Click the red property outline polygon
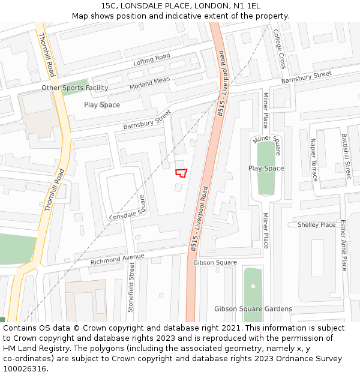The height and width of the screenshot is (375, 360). point(181,173)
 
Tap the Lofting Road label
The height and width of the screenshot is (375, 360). point(152,60)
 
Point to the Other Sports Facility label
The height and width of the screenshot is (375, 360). point(75,88)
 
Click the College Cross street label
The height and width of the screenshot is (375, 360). point(280,49)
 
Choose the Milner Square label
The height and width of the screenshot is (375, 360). point(266,145)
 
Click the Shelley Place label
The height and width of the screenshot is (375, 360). point(317,225)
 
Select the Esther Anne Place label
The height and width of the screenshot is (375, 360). point(343,245)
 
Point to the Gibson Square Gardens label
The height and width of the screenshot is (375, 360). point(253,309)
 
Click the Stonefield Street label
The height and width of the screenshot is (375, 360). point(131,287)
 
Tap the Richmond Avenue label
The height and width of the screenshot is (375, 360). point(118,260)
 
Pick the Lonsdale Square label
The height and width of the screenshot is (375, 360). point(127,208)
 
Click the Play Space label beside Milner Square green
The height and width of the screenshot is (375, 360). point(266,168)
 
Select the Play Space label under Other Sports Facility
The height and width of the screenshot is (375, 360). point(102,105)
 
